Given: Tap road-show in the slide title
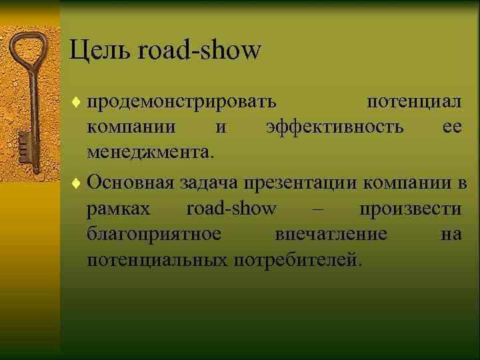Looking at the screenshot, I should pos(200,50).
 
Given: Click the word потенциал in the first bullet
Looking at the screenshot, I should pos(415,103).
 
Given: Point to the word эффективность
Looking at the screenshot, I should pos(334,127).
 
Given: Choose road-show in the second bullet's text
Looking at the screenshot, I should pos(231,209).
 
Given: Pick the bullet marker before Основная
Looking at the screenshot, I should pos(77,182).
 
